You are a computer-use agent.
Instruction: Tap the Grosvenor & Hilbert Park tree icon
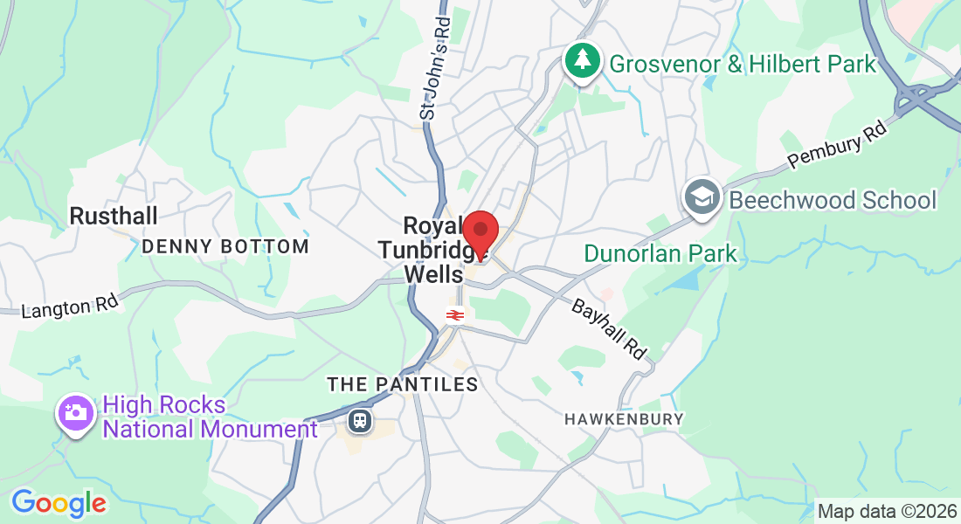click(581, 59)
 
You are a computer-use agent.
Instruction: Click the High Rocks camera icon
click(75, 412)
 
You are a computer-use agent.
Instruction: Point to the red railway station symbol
click(454, 315)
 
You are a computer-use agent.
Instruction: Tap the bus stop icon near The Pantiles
click(359, 422)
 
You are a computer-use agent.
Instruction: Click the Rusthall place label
click(113, 216)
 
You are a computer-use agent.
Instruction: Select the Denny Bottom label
click(225, 246)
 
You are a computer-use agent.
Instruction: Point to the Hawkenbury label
click(624, 419)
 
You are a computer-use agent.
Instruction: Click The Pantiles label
click(403, 384)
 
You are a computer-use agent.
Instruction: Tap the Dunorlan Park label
click(660, 254)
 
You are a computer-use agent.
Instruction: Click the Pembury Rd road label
click(836, 143)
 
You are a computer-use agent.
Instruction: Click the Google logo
click(59, 503)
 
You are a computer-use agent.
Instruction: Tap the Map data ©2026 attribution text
click(887, 511)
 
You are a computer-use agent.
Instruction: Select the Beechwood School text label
click(833, 200)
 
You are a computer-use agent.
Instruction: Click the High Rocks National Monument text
click(210, 417)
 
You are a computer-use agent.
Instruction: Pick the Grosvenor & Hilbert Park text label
click(743, 64)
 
